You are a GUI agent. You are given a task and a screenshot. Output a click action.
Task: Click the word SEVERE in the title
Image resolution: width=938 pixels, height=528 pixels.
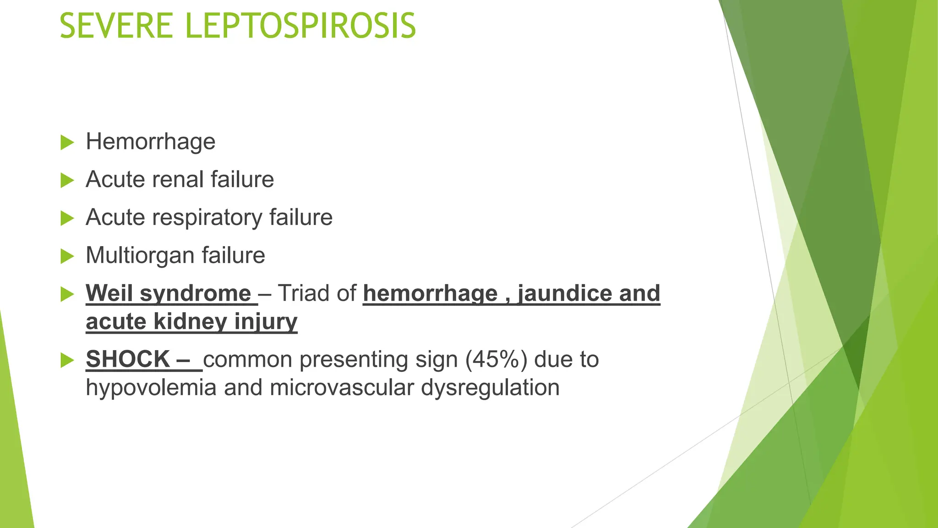pyautogui.click(x=116, y=26)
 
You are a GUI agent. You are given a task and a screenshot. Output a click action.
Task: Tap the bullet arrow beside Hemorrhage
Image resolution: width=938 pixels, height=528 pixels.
pyautogui.click(x=67, y=143)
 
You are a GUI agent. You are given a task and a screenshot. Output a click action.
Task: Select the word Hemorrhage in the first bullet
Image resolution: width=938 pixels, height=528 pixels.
pyautogui.click(x=150, y=142)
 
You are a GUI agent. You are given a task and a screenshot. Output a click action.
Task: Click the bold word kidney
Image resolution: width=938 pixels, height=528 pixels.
pyautogui.click(x=191, y=322)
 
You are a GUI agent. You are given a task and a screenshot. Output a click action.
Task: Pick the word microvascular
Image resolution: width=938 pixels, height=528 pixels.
pyautogui.click(x=342, y=388)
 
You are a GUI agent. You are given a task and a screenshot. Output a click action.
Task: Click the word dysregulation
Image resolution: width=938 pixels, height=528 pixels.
pyautogui.click(x=490, y=388)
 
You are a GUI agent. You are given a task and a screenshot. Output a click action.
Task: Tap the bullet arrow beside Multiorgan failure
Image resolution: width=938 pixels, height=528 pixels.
pyautogui.click(x=67, y=256)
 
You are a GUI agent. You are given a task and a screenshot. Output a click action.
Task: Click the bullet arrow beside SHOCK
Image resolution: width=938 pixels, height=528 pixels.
pyautogui.click(x=67, y=361)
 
